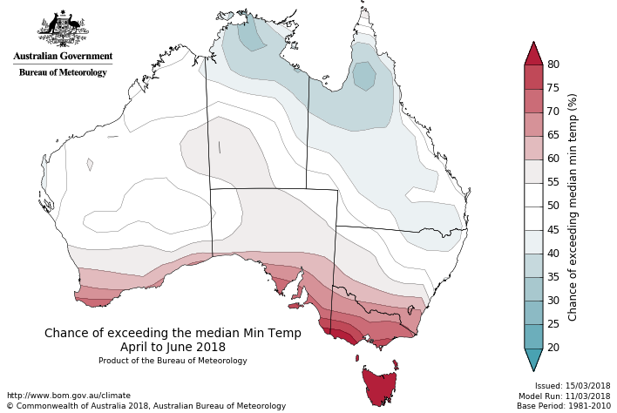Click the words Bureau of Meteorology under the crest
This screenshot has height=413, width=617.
63,72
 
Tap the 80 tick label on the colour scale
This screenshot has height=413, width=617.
553,64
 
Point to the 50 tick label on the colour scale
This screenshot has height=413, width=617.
553,206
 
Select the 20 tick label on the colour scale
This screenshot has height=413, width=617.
553,348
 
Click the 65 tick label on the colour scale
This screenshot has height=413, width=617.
553,135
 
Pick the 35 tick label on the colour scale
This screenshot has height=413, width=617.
553,277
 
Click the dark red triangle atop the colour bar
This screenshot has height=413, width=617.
533,53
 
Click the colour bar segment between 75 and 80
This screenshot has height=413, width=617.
533,77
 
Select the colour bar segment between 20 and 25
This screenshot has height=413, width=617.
533,336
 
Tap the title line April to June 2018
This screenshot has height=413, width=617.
173,347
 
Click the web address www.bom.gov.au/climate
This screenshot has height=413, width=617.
68,396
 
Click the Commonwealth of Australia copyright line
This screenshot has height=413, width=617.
146,406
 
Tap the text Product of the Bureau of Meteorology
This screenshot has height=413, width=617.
173,361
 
